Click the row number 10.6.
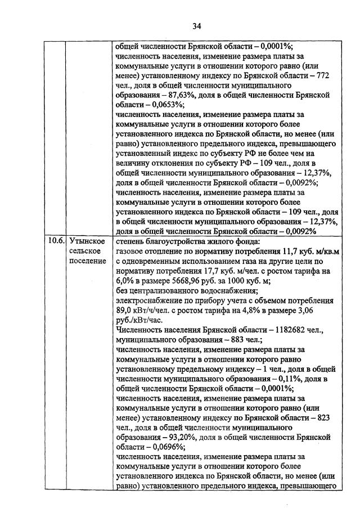click(x=55, y=241)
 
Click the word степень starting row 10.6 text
click(x=130, y=241)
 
